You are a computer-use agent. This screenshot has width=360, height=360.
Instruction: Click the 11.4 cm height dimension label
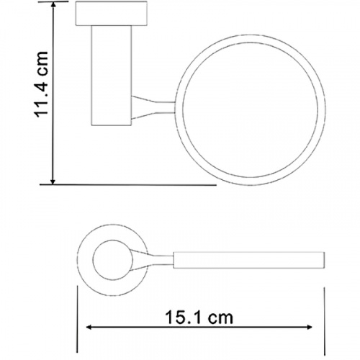(x=41, y=84)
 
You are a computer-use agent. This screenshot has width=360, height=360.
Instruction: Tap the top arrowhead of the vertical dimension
(x=53, y=6)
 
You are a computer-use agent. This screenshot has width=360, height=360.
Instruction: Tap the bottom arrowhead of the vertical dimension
(x=53, y=181)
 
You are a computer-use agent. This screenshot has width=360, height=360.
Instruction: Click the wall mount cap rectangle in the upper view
(x=112, y=14)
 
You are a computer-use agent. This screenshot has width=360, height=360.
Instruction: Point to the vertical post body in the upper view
(x=112, y=76)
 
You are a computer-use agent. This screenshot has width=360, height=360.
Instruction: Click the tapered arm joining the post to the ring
(x=153, y=107)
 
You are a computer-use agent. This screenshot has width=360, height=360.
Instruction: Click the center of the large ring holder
(x=251, y=35)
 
